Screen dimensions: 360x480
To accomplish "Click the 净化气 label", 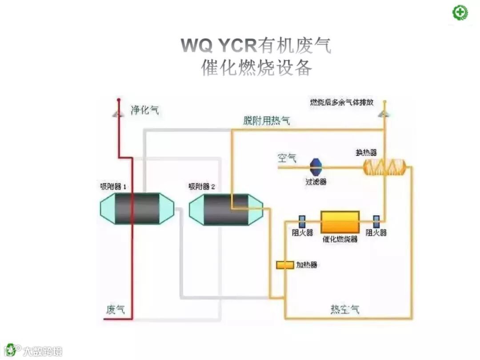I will (x=144, y=110).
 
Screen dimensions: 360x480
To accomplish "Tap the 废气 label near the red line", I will (x=115, y=309).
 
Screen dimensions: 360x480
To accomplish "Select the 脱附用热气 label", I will (x=266, y=120).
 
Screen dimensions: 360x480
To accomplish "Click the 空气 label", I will (x=287, y=158).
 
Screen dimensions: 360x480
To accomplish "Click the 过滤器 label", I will (x=316, y=181).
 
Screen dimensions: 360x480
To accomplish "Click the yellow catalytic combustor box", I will (x=340, y=221).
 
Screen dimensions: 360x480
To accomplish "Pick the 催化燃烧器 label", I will (x=340, y=239).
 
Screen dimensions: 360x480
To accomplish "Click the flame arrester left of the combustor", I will (x=302, y=221).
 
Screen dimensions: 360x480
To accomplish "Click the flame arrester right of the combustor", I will (x=376, y=221).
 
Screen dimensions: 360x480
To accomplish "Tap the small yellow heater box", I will (x=285, y=265).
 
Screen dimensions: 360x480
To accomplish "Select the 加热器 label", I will (x=307, y=265).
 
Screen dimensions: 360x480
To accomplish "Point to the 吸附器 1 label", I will (x=113, y=187).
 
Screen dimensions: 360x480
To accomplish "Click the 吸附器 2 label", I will (x=202, y=187).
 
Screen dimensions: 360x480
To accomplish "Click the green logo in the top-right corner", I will (x=460, y=12).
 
